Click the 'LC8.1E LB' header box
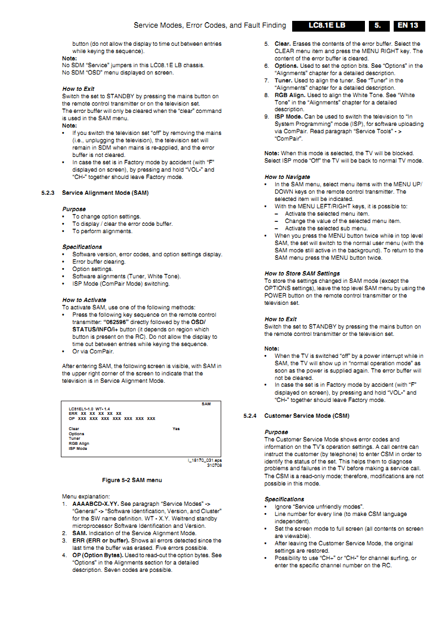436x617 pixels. [327, 25]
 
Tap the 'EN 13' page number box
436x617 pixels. [407, 25]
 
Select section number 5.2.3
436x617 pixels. [49, 193]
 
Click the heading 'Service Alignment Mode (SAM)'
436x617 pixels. [105, 193]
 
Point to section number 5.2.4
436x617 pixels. [250, 416]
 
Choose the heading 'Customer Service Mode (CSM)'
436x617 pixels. [307, 416]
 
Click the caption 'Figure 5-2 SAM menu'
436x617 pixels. [132, 480]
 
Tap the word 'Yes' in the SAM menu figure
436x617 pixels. [176, 428]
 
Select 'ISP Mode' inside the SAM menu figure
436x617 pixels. [78, 448]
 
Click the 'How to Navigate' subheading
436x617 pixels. [287, 177]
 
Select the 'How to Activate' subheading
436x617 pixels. [84, 300]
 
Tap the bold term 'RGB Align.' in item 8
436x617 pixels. [290, 95]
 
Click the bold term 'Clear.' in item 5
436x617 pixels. [283, 43]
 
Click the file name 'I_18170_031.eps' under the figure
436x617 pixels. [205, 460]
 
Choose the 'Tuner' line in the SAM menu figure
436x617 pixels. [74, 439]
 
